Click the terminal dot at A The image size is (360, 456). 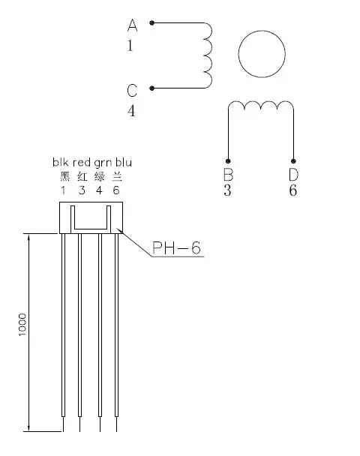[151, 22]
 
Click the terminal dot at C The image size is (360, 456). [151, 88]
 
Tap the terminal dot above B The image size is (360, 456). [228, 161]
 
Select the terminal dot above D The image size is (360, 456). [293, 161]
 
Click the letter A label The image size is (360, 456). [132, 25]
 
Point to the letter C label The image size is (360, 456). [132, 91]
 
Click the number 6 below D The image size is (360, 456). [293, 190]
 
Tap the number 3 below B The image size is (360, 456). [227, 190]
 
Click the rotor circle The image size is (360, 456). [262, 31]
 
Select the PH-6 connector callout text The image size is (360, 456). [176, 248]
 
